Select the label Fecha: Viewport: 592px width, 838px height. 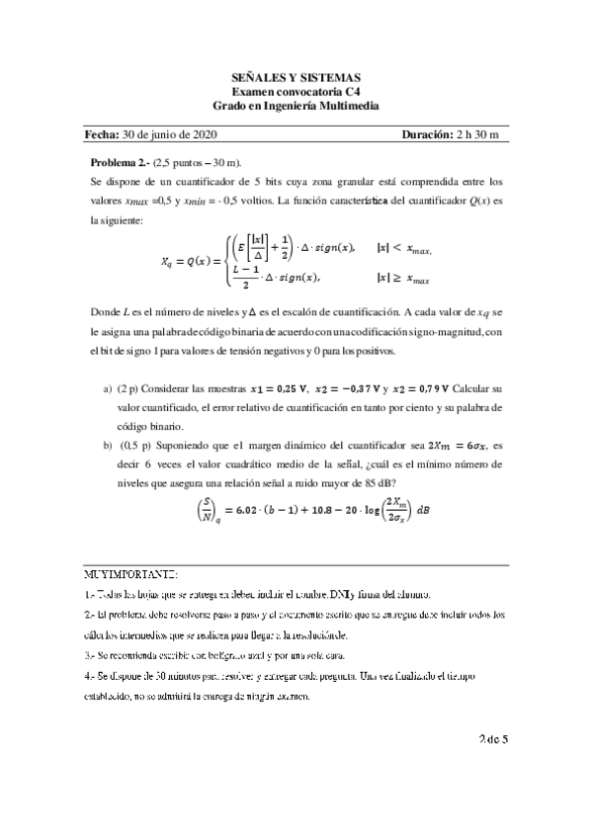click(102, 134)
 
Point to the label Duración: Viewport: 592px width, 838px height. click(429, 134)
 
